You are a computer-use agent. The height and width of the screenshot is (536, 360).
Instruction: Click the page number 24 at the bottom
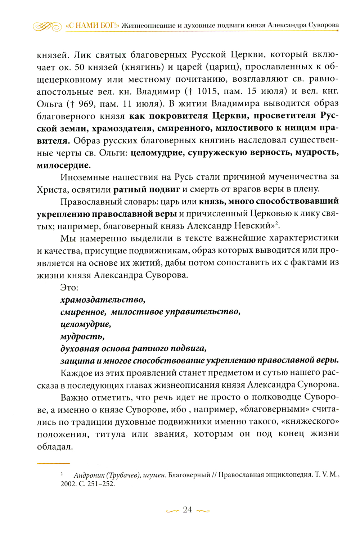pos(187,510)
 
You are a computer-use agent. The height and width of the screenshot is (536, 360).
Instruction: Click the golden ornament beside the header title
pos(47,26)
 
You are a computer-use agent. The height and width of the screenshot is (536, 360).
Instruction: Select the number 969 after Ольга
pos(86,104)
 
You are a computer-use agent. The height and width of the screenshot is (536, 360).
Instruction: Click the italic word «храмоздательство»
pos(103,299)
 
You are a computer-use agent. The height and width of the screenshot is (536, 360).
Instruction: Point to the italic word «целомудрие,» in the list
pos(86,324)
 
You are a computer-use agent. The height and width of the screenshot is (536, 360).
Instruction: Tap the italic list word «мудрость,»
pos(82,337)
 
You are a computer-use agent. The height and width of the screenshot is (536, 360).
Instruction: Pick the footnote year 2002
pos(67,484)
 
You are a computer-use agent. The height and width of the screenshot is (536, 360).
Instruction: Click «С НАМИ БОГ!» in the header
pos(93,26)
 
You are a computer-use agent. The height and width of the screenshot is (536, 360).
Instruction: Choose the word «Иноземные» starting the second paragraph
pos(86,177)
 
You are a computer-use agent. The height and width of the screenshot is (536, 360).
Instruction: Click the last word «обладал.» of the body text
pos(55,447)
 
